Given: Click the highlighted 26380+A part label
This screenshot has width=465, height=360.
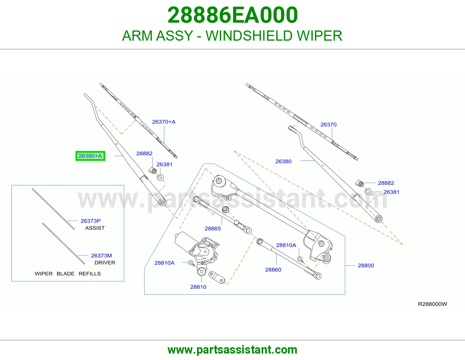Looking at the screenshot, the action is coord(90,156).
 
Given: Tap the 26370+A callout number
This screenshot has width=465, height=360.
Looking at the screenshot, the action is coord(164,122).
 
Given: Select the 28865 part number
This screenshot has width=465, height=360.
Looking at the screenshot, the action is coord(212,228).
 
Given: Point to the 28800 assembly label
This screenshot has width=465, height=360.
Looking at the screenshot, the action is coord(366,266).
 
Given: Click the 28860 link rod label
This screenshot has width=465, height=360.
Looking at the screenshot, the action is coord(273,270).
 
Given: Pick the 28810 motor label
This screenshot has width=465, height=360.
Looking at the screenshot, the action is coord(198,287).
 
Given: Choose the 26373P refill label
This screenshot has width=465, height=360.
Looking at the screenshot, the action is coord(90,221).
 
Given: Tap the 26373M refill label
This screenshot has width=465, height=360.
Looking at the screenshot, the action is coord(101,255).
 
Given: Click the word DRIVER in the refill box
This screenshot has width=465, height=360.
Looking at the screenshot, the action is coord(105,262).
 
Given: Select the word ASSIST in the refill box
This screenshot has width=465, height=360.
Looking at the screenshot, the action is coord(95,228).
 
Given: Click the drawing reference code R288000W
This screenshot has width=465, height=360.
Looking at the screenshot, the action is coord(432,304).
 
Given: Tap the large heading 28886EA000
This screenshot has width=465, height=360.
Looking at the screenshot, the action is coord(233,15).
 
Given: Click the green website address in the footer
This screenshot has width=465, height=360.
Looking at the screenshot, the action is coord(233,350).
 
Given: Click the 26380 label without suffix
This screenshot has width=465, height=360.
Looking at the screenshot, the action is coord(283,161).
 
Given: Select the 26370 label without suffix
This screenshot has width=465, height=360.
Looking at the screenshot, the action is coord(328,125).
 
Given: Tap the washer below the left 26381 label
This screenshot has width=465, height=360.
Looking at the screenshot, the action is coord(160,177).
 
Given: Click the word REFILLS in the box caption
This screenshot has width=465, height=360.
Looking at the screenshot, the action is coord(90,274).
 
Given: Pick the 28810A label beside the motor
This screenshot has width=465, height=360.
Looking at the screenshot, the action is coord(164,263).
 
